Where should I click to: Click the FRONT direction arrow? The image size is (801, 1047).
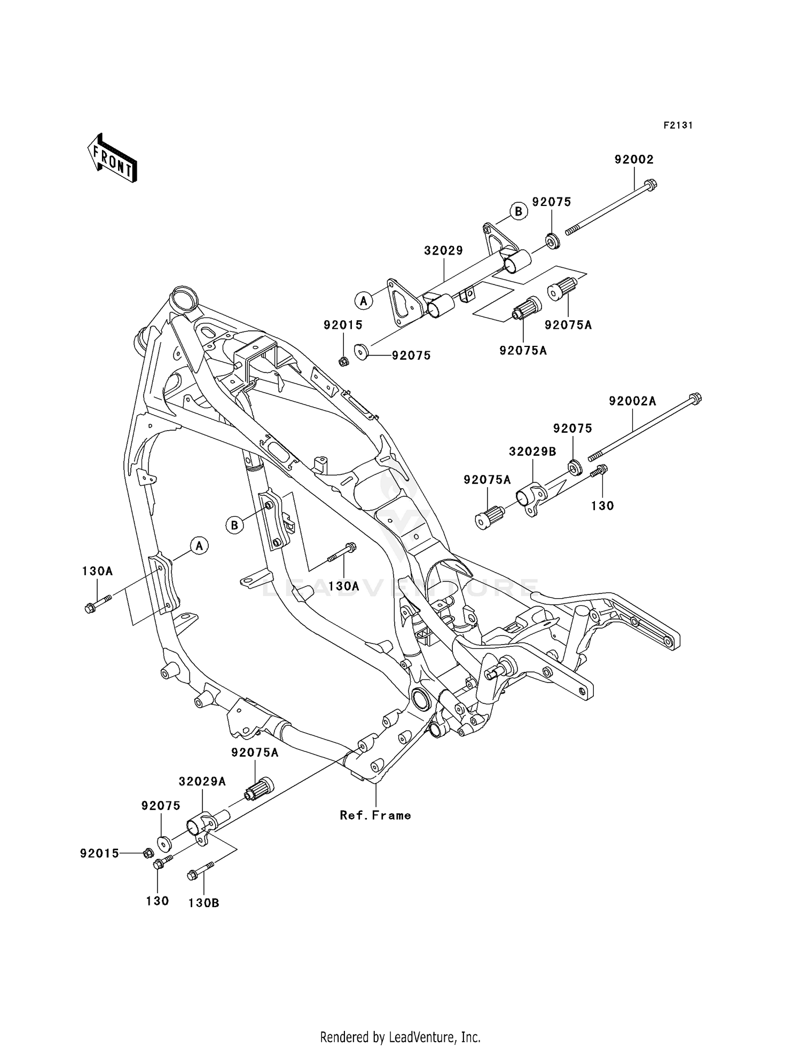pos(112,158)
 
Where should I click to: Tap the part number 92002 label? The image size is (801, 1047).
pos(634,160)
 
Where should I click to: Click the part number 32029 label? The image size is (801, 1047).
pos(443,250)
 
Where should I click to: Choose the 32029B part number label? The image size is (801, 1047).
pos(532,451)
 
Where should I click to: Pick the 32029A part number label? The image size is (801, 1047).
pos(202,782)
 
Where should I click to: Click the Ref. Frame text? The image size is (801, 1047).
pos(375,815)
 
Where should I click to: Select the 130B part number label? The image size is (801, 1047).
pos(203,903)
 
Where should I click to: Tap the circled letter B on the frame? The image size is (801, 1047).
pos(234,525)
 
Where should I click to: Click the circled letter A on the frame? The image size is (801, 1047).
pos(199,545)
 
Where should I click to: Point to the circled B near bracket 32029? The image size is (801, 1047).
pos(518,211)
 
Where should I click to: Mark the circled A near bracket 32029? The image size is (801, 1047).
pos(364,301)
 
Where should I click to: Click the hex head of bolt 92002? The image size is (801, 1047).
pos(650,186)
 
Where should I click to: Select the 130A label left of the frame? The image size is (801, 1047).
pos(97,572)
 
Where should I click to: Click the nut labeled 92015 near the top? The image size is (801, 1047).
pos(344,362)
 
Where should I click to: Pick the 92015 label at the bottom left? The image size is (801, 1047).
pos(100,854)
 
